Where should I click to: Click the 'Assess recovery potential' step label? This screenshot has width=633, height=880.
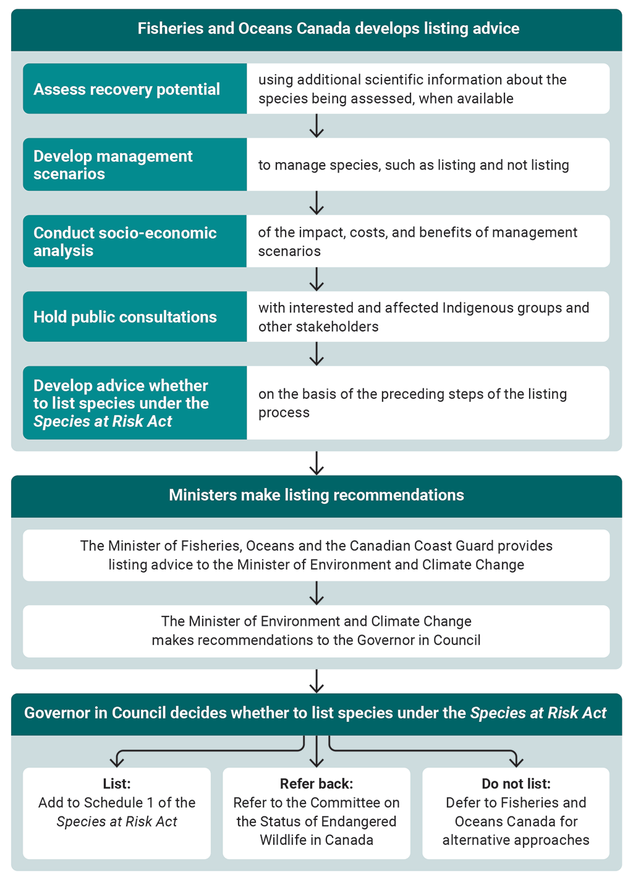tap(127, 89)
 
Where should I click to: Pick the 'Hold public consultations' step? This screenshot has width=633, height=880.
tap(125, 317)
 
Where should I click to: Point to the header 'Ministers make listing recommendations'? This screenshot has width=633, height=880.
tap(316, 495)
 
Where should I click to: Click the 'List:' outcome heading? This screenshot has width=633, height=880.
tap(117, 784)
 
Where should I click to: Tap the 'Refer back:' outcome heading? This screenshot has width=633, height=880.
tap(316, 784)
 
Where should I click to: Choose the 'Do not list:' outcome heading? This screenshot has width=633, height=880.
tap(516, 784)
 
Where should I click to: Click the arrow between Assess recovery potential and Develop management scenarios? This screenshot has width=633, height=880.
tap(316, 126)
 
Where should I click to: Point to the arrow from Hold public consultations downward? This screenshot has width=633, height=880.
tap(316, 354)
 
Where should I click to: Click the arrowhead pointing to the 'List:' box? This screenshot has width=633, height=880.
tap(117, 761)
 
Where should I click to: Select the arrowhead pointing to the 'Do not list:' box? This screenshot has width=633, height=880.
tap(516, 761)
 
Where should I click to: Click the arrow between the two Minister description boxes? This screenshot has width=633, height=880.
tap(316, 593)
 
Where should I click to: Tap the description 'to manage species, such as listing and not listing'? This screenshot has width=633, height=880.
tap(414, 165)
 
